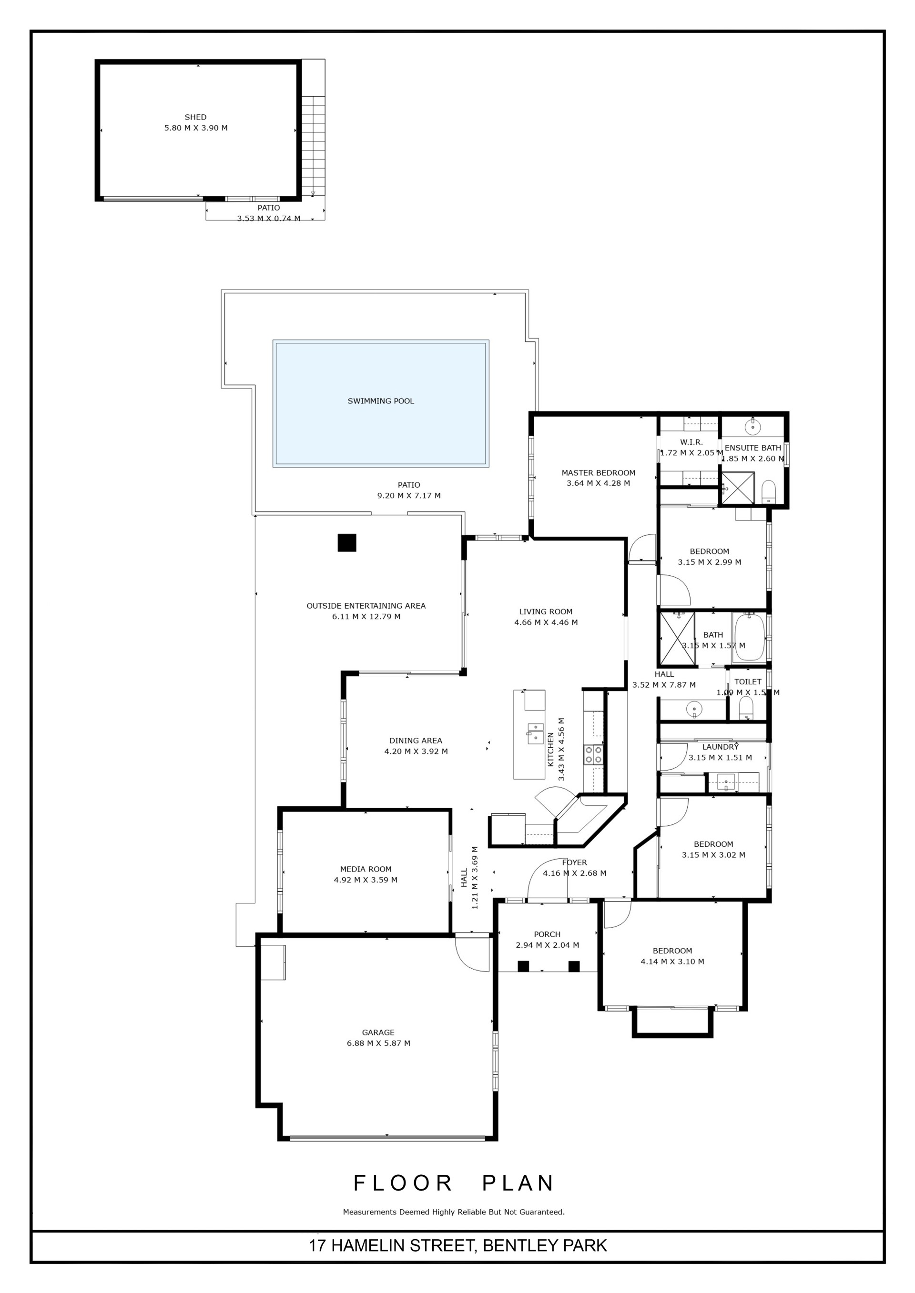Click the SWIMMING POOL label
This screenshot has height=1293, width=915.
point(380,401)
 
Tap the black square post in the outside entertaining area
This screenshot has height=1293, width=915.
point(347,542)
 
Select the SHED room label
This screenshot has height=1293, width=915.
point(195,117)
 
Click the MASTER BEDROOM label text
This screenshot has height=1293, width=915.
point(599,472)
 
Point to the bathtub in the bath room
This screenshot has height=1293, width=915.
point(749,638)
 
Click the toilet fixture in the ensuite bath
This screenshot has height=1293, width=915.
point(769,492)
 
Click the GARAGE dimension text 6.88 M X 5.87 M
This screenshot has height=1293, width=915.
point(378,1043)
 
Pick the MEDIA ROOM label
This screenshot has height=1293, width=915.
point(366,869)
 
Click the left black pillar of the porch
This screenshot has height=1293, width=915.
point(523,966)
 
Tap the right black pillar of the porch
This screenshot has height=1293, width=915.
point(574,966)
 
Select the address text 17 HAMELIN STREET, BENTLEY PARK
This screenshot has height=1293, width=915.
point(457,1244)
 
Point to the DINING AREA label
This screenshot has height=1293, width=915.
point(416,741)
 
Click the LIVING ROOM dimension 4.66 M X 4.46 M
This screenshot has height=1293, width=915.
point(546,622)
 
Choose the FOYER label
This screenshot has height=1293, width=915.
point(574,862)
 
